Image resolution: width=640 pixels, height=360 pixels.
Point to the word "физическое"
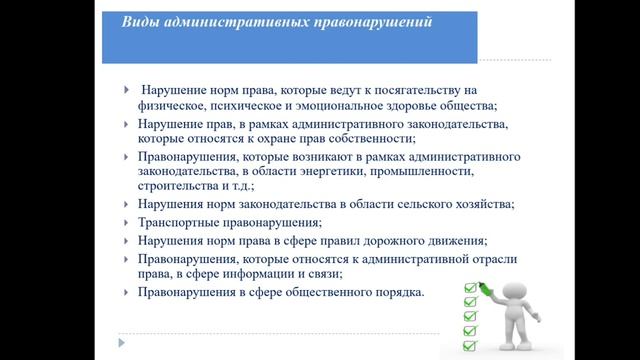[172, 105]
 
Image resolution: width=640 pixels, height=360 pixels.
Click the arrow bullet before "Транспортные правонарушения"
[126, 222]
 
